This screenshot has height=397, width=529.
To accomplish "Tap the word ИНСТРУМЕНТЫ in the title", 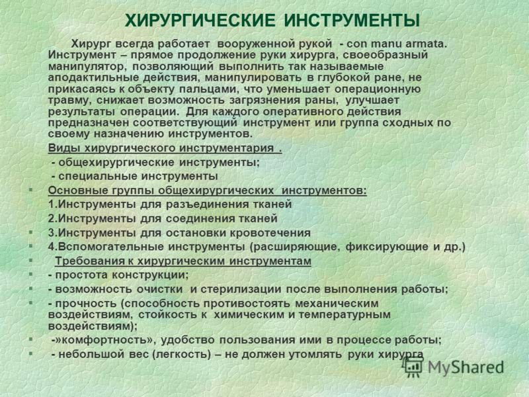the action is pyautogui.click(x=352, y=21).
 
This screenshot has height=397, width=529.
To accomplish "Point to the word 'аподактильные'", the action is pyautogui.click(x=93, y=78).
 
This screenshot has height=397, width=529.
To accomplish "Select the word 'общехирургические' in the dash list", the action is pyautogui.click(x=116, y=162).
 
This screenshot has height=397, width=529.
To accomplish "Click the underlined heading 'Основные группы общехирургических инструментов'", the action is pyautogui.click(x=207, y=191).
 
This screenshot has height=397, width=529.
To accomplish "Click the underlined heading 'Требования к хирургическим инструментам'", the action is pyautogui.click(x=183, y=261).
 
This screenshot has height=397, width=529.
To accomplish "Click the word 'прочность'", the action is pyautogui.click(x=86, y=304).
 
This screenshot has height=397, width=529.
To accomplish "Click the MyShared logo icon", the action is pyautogui.click(x=413, y=367).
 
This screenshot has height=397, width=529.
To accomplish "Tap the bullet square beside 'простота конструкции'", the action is pyautogui.click(x=30, y=275).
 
